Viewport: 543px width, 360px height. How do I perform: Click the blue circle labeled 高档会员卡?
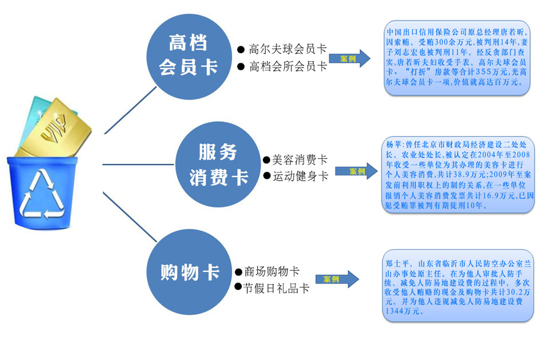pos(188,55)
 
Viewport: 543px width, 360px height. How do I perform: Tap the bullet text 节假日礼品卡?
pos(276,288)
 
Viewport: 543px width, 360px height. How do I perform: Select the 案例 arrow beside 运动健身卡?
pos(357,171)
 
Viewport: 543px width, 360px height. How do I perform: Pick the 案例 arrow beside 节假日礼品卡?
pos(337,279)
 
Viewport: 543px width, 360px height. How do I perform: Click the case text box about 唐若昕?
pos(456,57)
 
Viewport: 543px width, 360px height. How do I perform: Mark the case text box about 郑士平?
pos(456,284)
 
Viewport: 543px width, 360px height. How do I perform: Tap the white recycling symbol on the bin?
pos(41,195)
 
